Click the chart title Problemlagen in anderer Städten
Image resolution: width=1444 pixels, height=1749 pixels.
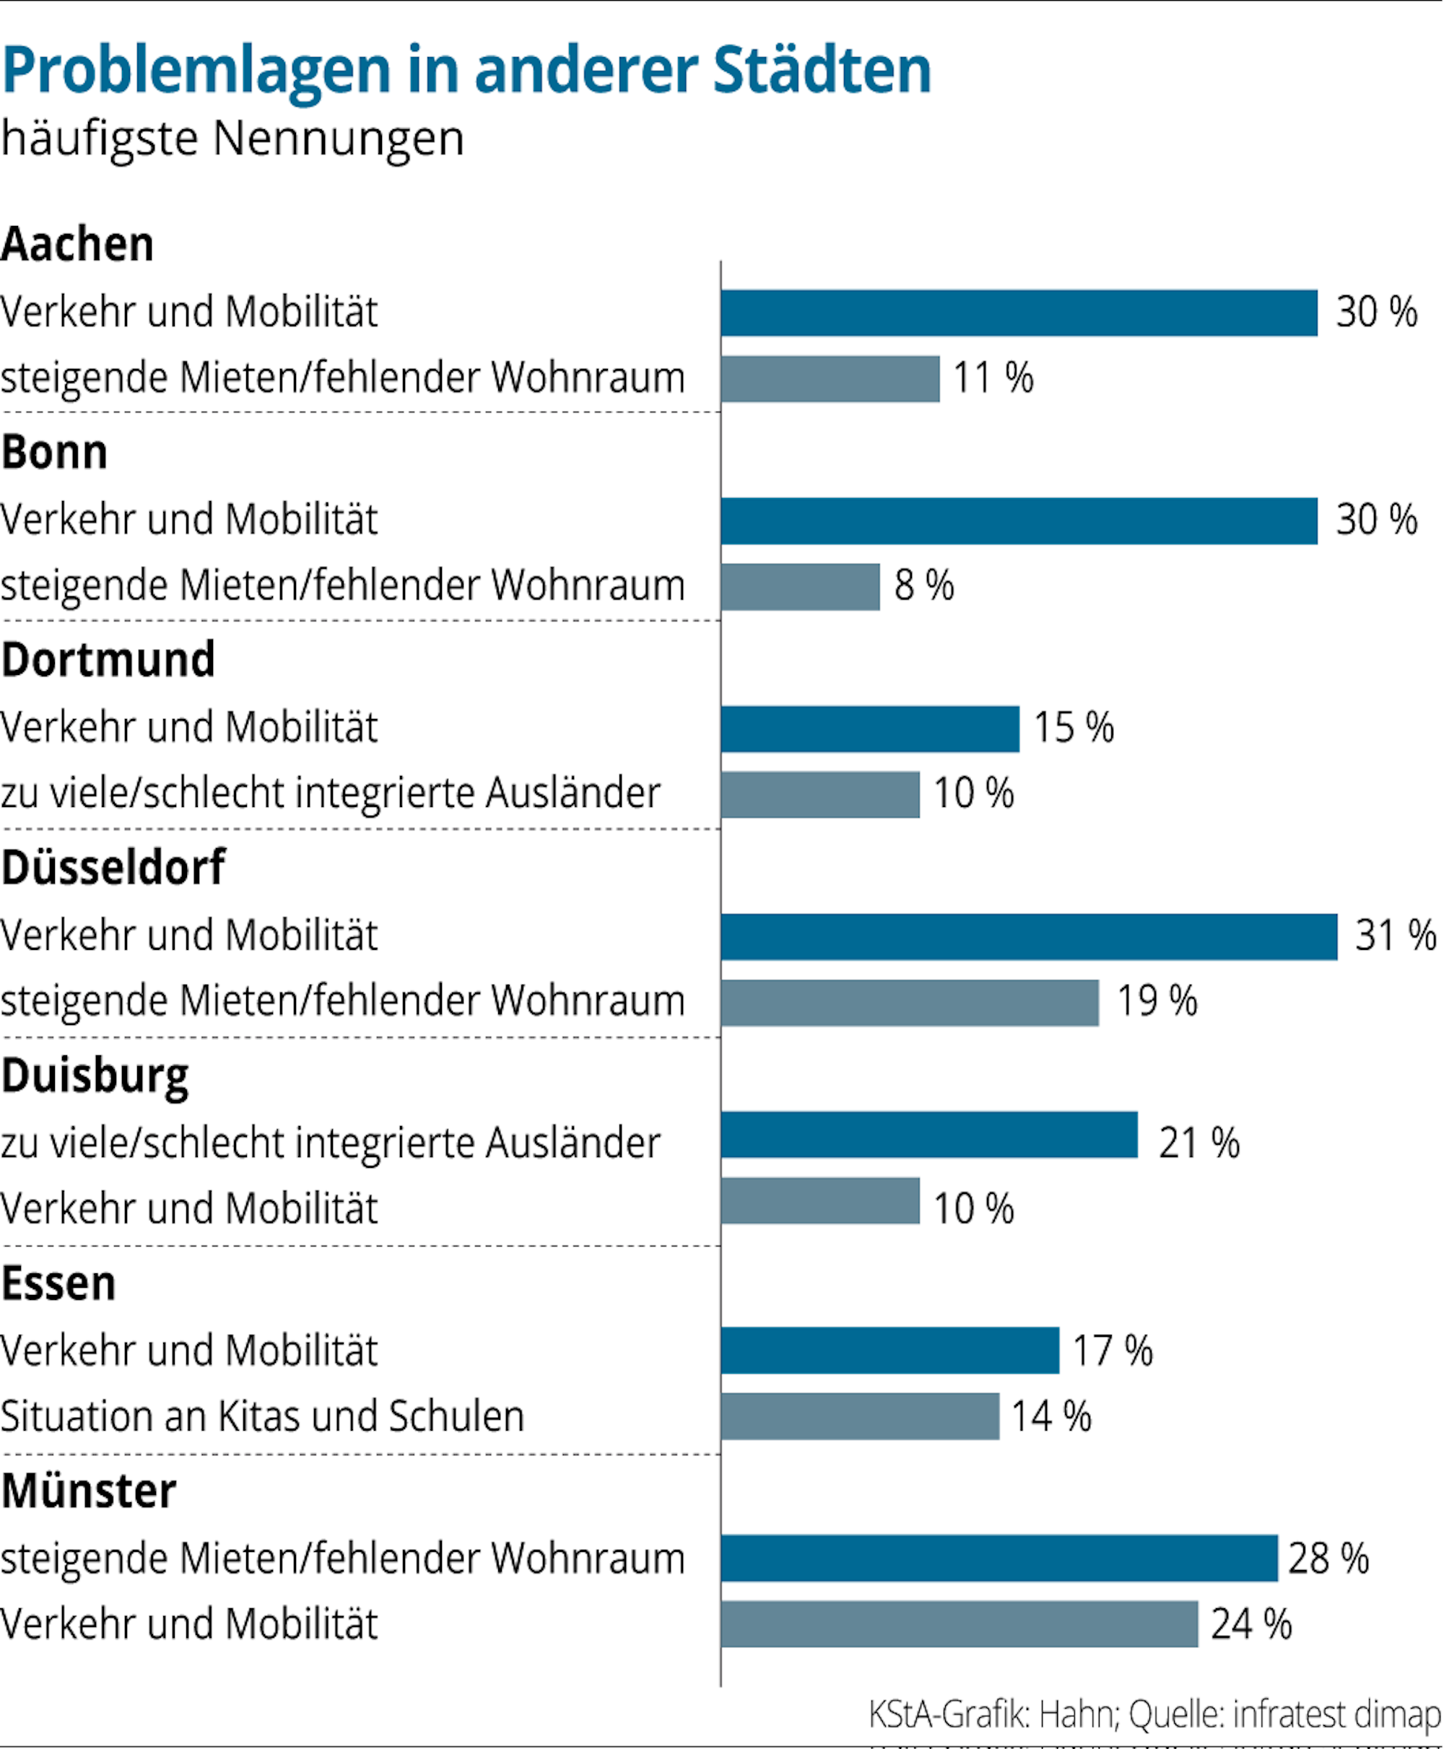(466, 70)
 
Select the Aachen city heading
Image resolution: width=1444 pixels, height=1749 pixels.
(77, 245)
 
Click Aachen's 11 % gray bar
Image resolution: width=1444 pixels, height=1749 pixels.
(830, 379)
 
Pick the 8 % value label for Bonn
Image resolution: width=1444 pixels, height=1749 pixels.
(923, 585)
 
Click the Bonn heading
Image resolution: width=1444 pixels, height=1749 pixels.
(55, 453)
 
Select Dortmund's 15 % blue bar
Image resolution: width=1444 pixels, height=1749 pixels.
(869, 729)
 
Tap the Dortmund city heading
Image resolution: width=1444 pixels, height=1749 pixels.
(108, 660)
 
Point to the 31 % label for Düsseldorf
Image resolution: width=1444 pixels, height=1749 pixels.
(1395, 935)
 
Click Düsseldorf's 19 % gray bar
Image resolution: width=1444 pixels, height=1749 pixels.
(909, 1003)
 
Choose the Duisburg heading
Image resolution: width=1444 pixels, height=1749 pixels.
(95, 1076)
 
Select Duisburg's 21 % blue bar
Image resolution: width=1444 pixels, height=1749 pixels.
(928, 1135)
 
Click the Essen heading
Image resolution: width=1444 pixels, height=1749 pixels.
(58, 1283)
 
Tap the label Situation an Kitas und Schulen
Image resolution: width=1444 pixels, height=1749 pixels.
(262, 1416)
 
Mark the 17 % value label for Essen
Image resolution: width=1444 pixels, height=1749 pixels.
(1112, 1351)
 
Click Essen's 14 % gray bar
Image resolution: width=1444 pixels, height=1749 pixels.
(859, 1416)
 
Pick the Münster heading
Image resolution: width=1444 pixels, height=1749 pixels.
(88, 1491)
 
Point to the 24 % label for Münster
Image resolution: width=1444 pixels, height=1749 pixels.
(1251, 1624)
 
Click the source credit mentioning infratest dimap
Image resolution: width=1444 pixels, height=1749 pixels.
(1154, 1714)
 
